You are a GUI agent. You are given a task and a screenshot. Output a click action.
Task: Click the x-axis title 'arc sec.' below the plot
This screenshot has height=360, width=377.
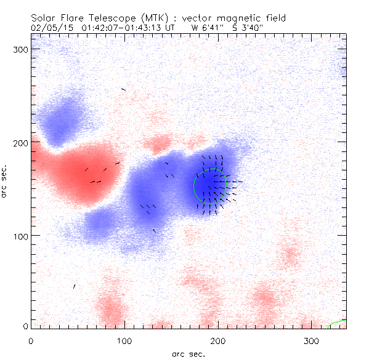188,353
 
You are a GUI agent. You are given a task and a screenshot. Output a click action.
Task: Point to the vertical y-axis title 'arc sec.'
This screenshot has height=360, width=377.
5,181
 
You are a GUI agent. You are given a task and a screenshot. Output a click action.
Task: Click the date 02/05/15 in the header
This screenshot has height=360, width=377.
51,27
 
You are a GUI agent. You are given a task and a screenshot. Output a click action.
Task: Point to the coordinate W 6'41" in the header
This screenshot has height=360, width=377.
205,27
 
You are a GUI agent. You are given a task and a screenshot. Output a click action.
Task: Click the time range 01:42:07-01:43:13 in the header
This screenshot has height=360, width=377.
128,27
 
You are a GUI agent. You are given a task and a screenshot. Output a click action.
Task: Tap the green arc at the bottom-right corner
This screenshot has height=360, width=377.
338,322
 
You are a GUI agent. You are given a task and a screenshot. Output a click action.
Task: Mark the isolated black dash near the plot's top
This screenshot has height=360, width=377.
123,89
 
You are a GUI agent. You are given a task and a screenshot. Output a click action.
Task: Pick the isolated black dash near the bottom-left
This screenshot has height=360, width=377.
75,286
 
